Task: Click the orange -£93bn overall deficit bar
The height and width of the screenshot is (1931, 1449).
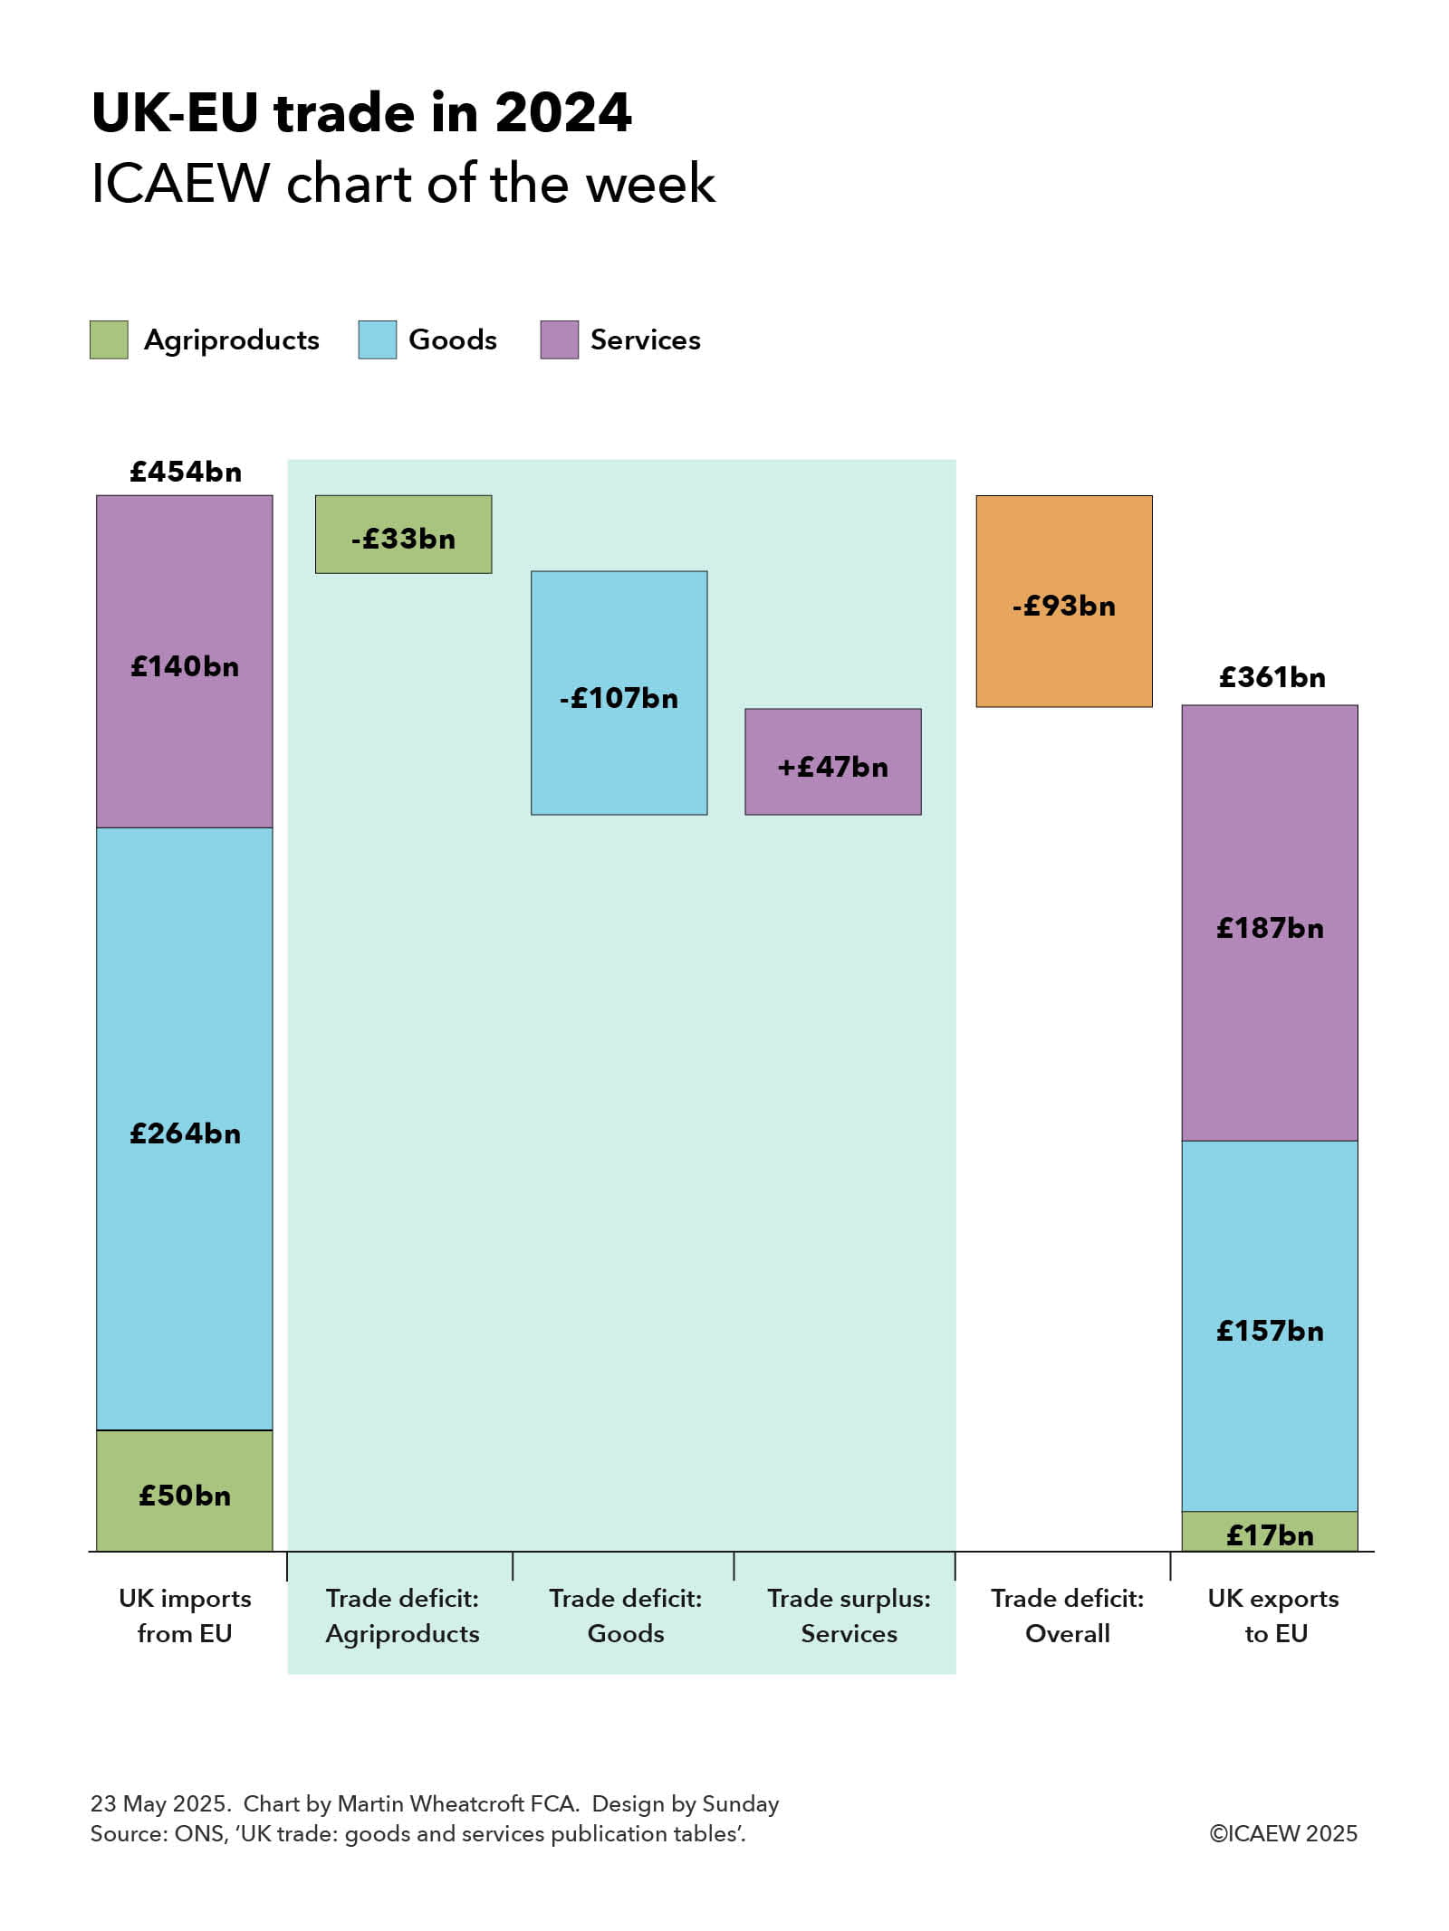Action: tap(1063, 600)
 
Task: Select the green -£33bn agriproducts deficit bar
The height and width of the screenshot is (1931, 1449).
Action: tap(403, 533)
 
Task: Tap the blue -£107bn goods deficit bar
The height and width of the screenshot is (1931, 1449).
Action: tap(619, 692)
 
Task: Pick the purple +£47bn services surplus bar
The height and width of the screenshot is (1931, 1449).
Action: tap(832, 761)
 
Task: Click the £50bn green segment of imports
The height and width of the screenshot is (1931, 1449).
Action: tap(185, 1491)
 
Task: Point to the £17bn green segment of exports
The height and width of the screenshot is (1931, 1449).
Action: tap(1269, 1532)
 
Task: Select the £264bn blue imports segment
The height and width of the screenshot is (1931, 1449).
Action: tap(185, 1129)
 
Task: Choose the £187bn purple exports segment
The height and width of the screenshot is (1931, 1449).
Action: tap(1269, 922)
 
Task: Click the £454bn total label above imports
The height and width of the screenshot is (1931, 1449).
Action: tap(186, 472)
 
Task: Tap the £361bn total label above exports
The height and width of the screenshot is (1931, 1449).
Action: tap(1271, 677)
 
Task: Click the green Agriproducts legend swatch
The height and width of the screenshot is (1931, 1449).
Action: tap(109, 339)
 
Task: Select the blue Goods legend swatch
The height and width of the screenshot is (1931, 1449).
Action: tap(377, 339)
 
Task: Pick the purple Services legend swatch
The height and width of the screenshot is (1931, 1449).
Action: tap(559, 339)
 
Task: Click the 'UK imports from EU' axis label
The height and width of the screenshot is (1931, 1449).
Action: tap(185, 1615)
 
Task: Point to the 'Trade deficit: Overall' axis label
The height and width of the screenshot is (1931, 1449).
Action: tap(1067, 1615)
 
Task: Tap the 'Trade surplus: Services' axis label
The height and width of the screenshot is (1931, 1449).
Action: tap(849, 1615)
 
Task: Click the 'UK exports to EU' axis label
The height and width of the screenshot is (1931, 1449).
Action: tap(1273, 1615)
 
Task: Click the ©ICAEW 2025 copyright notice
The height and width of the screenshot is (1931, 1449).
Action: tap(1283, 1833)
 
